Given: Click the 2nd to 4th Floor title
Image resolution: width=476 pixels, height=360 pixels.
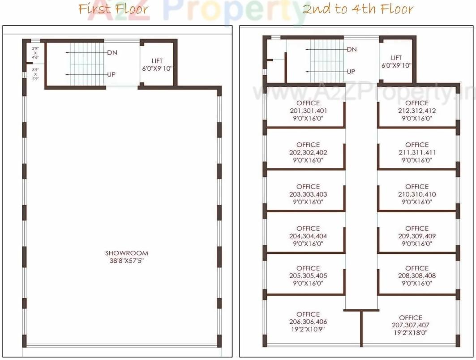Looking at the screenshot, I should pos(357,9).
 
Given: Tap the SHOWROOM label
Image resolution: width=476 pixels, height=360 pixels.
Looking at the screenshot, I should pos(127,253).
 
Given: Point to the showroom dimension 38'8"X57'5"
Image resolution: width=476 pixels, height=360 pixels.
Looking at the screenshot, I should pos(127,261).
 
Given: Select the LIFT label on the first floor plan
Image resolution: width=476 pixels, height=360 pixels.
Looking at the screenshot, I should pos(157,61).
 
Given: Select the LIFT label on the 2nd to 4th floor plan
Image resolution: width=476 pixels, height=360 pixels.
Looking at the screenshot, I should pos(396,58).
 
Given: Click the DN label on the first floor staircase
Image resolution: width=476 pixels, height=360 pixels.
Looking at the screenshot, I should pos(112,52).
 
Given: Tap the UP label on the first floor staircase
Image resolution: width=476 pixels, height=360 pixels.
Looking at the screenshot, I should pos(111,74).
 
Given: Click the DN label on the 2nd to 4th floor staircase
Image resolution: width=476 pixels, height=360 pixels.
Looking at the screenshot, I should pos(352,49).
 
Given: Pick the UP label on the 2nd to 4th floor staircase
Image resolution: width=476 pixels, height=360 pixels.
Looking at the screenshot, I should pos(351,72).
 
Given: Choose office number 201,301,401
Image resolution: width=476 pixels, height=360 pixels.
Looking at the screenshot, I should pos(308,111).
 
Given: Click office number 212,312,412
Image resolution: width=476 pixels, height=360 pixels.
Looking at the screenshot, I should pos(417,111).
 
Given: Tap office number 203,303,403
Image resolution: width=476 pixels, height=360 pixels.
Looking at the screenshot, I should pos(308,194).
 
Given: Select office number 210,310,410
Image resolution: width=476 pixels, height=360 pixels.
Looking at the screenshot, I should pos(417,194).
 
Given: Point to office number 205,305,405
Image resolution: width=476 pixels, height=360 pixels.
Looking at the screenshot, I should pos(308,276).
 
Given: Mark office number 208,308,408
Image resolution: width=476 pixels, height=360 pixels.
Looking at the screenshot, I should pos(417,276).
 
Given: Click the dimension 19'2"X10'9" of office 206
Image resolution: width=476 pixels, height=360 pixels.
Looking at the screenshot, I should pos(308,329).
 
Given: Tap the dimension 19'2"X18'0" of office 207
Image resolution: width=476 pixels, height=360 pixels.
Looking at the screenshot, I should pos(411,333).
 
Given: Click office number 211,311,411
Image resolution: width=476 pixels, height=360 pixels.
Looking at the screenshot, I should pos(417,152).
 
